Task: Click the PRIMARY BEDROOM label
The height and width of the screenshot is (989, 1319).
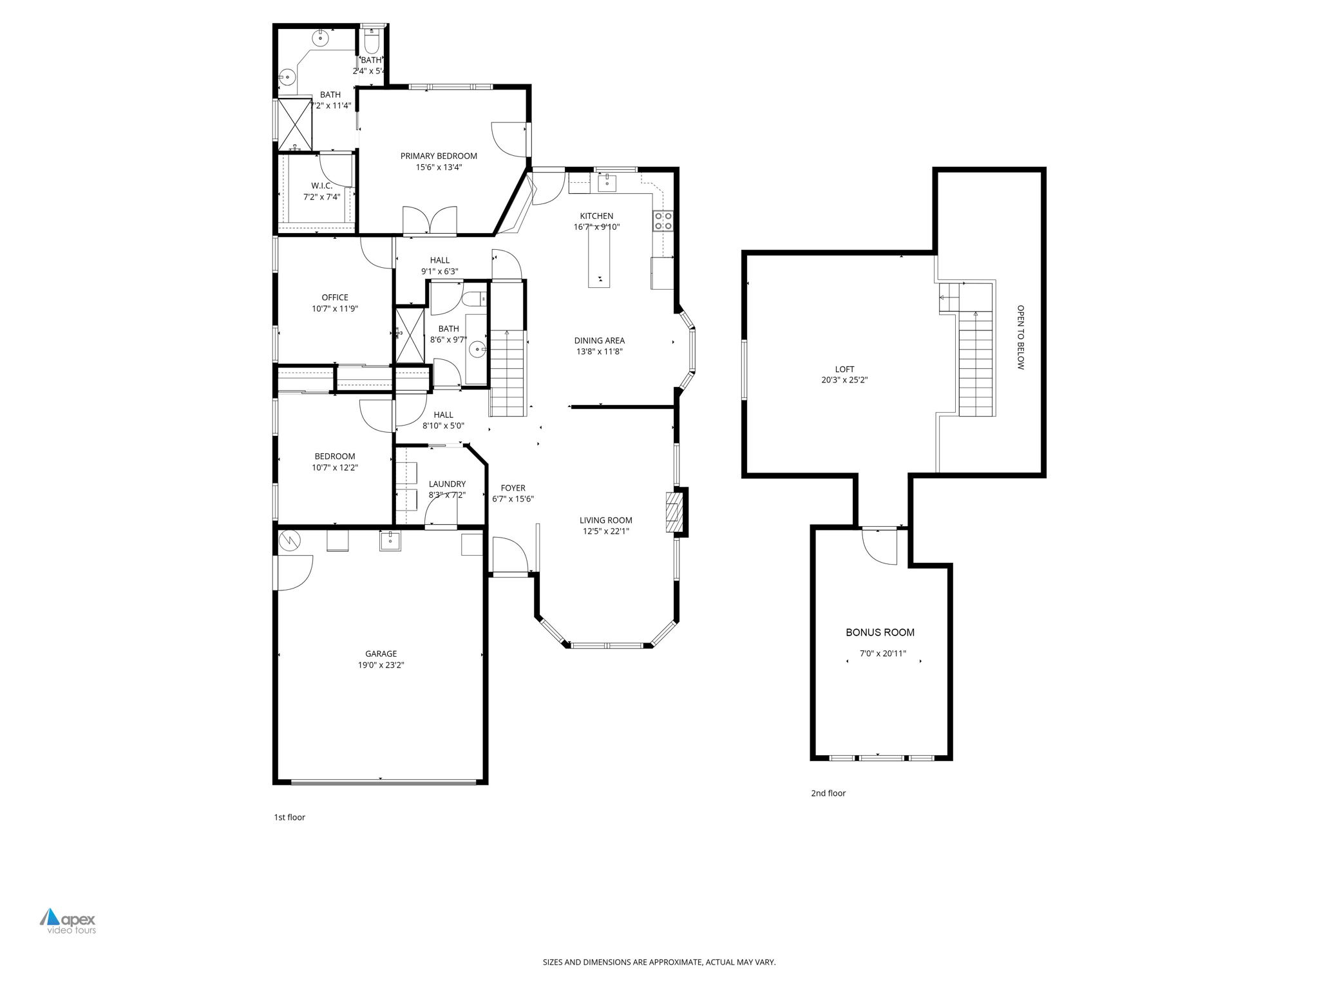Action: (x=439, y=156)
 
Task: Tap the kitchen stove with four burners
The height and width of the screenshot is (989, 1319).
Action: (x=663, y=221)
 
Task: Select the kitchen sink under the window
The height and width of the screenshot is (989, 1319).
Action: (x=607, y=184)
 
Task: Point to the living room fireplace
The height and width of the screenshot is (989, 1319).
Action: (x=674, y=512)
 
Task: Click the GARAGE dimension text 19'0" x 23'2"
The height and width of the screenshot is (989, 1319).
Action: (x=381, y=665)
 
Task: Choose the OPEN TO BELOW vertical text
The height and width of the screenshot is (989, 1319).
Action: (x=1020, y=337)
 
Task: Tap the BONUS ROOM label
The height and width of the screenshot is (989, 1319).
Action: (x=880, y=632)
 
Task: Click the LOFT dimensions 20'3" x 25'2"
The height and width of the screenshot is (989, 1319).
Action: (x=844, y=380)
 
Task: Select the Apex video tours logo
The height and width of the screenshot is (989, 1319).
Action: (x=68, y=921)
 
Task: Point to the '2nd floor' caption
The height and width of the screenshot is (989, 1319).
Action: (x=828, y=793)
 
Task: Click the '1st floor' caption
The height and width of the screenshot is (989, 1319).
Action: (x=289, y=817)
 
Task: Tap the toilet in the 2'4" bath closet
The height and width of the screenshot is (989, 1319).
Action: (x=372, y=42)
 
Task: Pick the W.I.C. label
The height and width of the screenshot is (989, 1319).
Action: (x=321, y=185)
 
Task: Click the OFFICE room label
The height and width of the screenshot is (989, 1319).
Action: (x=334, y=297)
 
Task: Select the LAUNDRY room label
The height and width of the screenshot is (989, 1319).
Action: (x=447, y=484)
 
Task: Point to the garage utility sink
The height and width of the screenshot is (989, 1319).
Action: (x=390, y=541)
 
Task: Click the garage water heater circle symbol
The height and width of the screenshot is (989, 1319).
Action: (x=289, y=540)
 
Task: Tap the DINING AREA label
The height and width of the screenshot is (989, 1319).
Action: (x=599, y=341)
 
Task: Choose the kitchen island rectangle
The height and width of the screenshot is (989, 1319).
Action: (x=598, y=256)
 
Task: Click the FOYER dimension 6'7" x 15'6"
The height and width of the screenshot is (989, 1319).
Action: (x=513, y=499)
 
